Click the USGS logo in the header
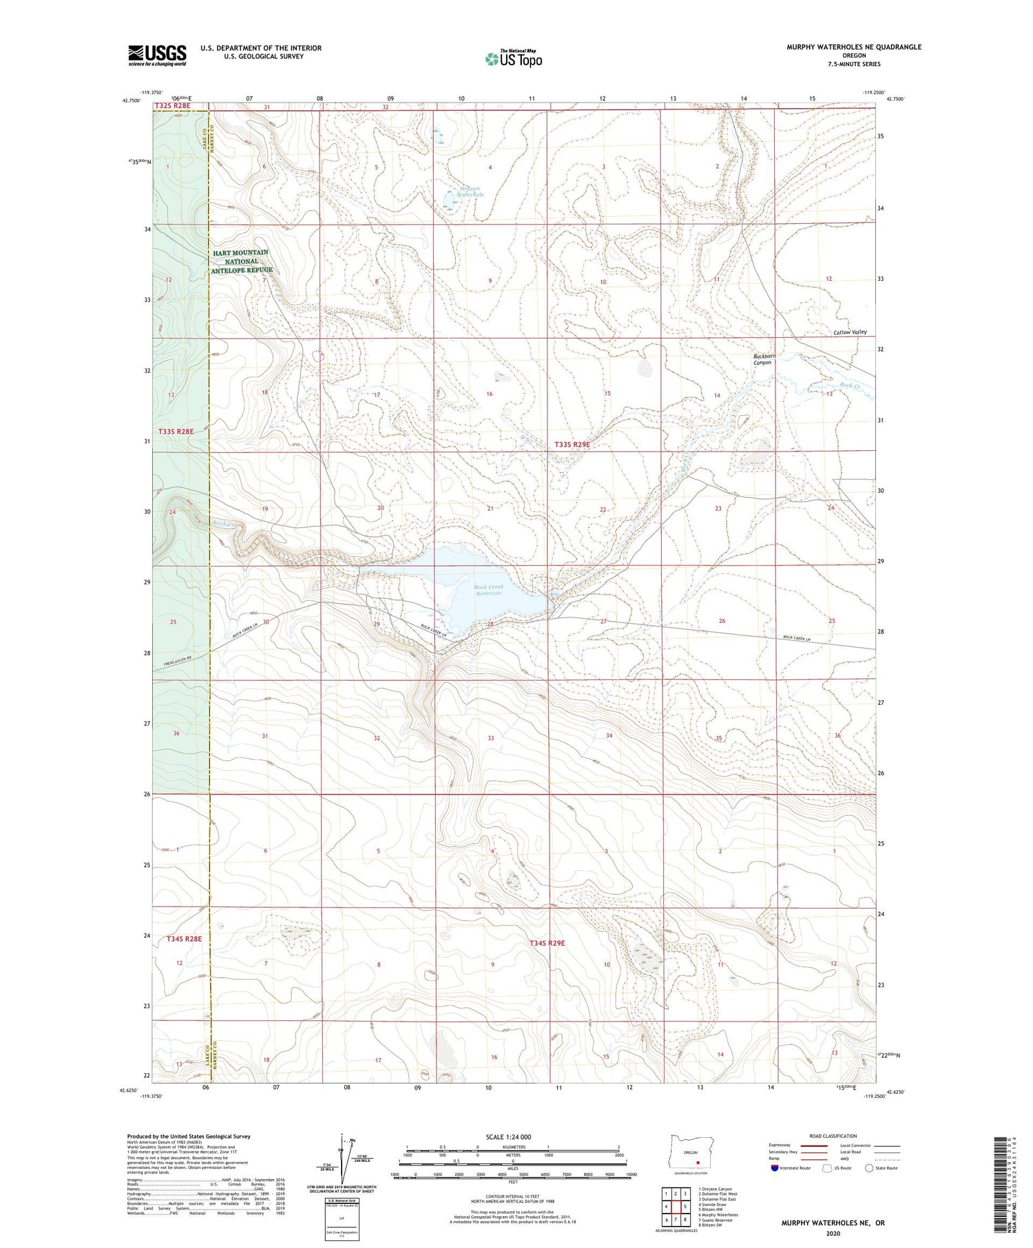click(157, 55)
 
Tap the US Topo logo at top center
click(513, 59)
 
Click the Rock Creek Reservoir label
click(489, 590)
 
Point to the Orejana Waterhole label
click(472, 191)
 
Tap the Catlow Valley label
click(850, 332)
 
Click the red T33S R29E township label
click(572, 445)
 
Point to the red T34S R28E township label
click(185, 938)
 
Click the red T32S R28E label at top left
click(172, 106)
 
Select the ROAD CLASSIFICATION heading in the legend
click(833, 1136)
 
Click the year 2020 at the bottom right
click(833, 1230)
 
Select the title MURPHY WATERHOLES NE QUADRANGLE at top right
click(854, 47)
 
